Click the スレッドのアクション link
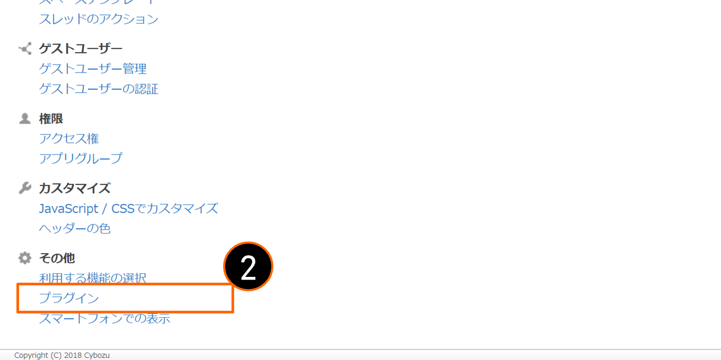[99, 19]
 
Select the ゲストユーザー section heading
[81, 49]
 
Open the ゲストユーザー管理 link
[93, 69]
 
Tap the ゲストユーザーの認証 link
[99, 89]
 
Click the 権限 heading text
[51, 119]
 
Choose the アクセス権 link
[69, 139]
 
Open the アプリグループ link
[81, 158]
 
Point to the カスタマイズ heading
[75, 188]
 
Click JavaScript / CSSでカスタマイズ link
[128, 209]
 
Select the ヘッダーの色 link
[75, 229]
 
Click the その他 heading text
[57, 258]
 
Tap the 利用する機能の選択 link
[93, 277]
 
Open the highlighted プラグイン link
[69, 299]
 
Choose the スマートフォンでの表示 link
[104, 319]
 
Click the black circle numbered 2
[248, 267]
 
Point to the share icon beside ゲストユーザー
[25, 49]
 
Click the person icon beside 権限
[25, 119]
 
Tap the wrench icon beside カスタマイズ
[25, 188]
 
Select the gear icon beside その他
[25, 258]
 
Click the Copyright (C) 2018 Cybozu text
[62, 355]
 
